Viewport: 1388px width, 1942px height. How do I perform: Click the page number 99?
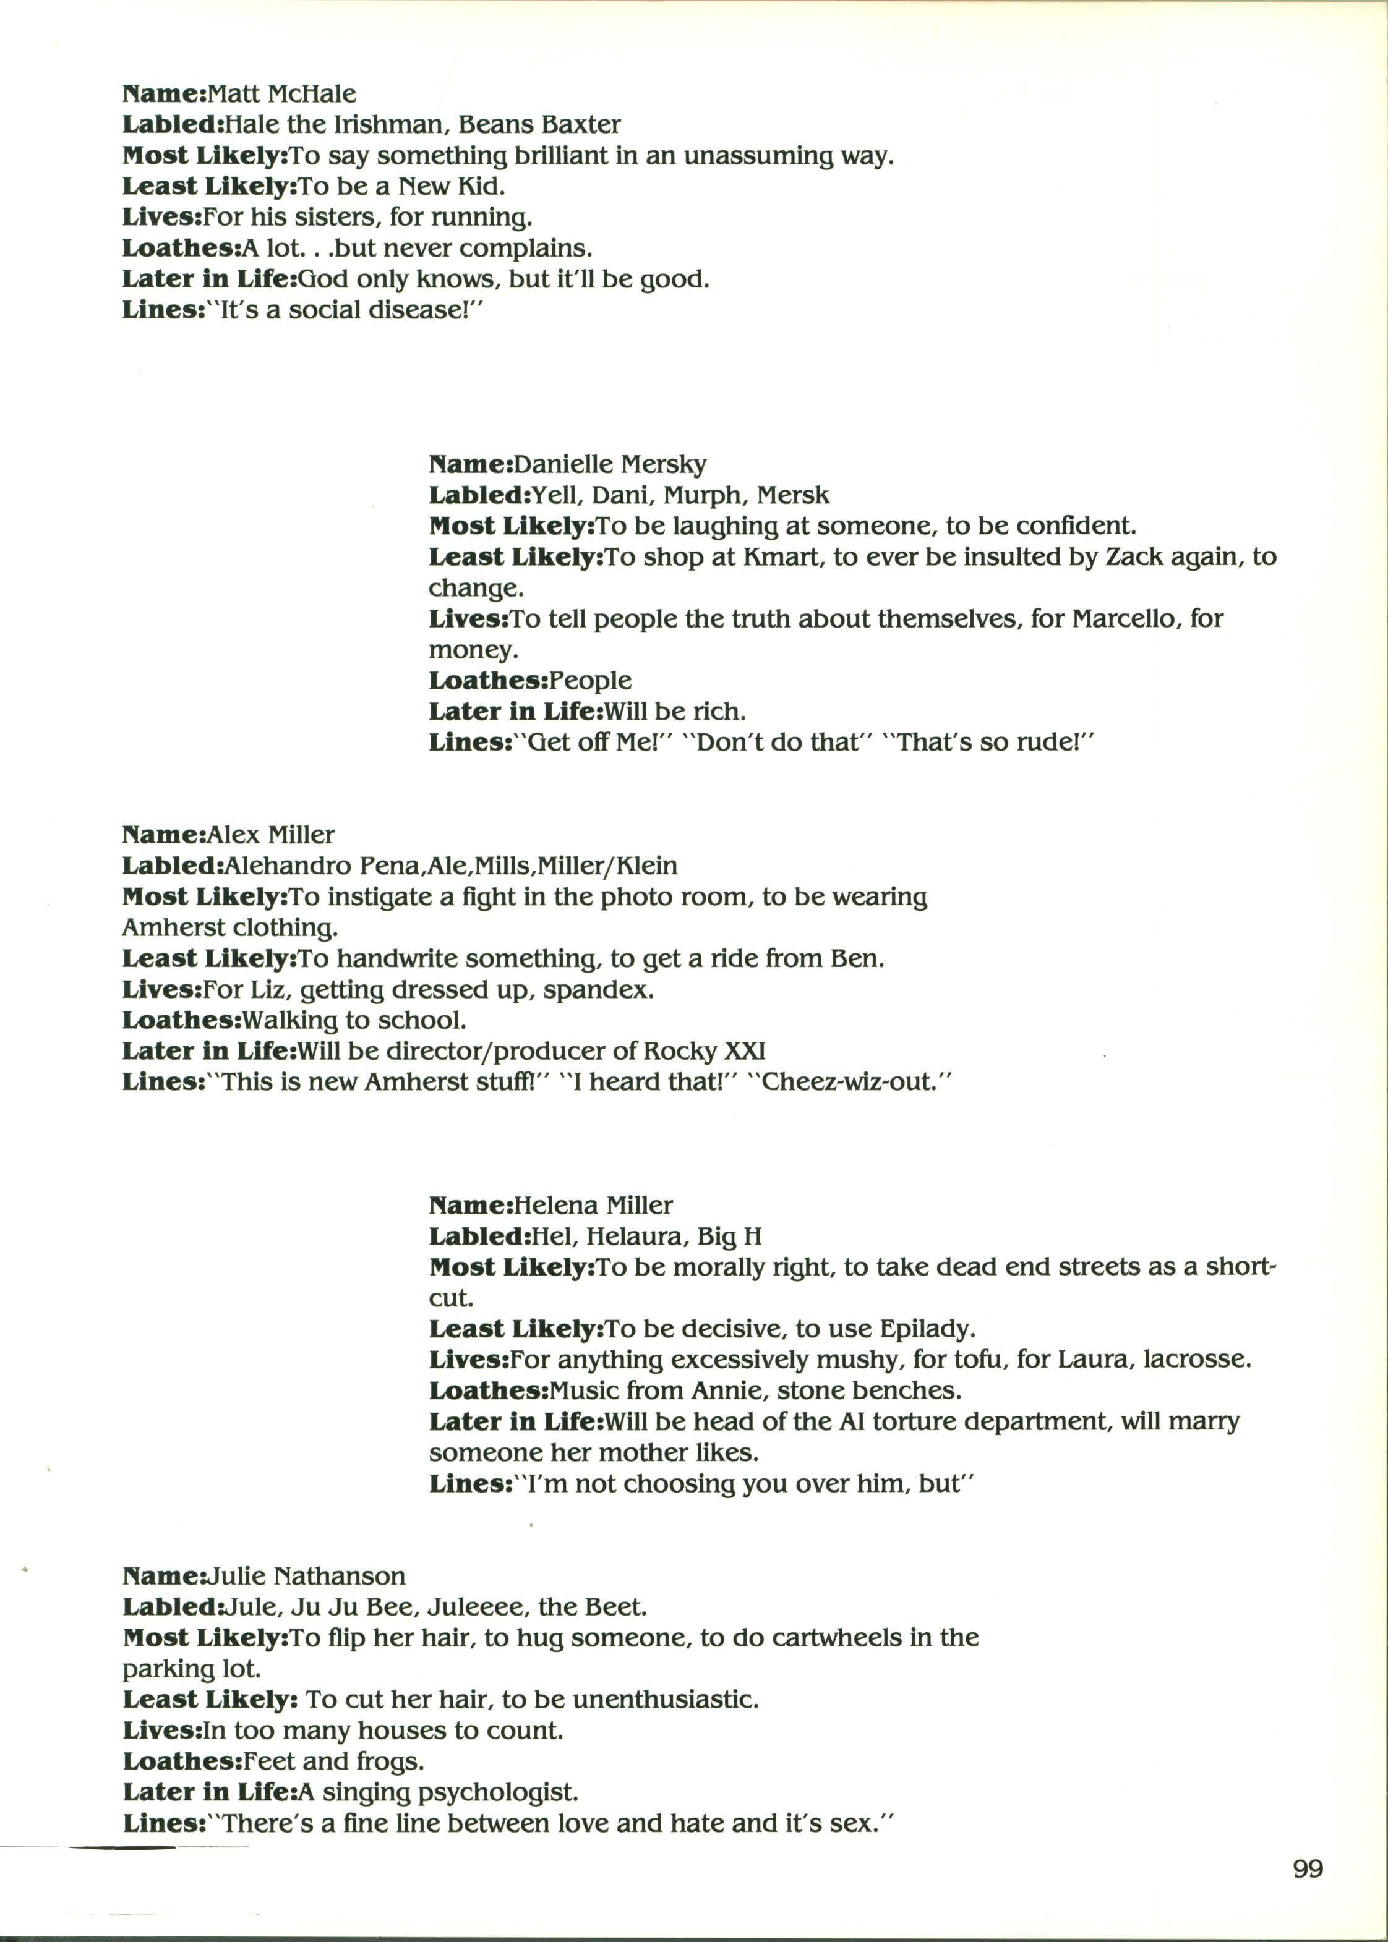pos(1308,1870)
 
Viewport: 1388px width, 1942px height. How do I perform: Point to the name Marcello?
pos(1128,618)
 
